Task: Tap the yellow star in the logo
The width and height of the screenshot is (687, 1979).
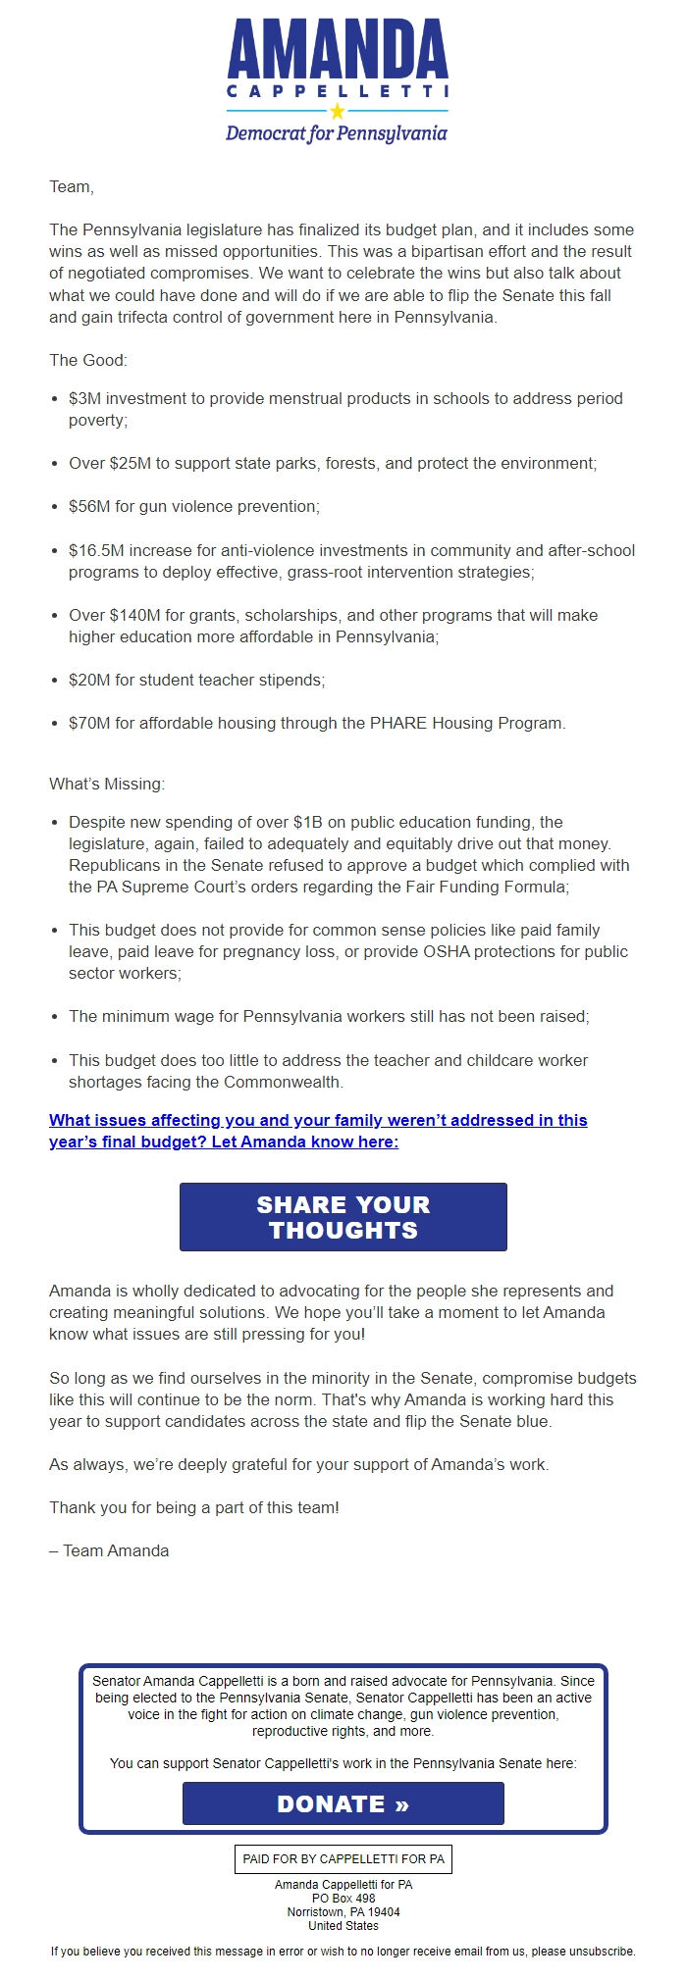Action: pyautogui.click(x=338, y=111)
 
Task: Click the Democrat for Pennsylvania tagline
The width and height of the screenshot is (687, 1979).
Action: pyautogui.click(x=337, y=133)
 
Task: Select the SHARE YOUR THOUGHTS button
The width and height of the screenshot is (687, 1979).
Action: pyautogui.click(x=343, y=1217)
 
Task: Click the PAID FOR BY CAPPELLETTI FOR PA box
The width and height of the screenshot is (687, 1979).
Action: pyautogui.click(x=343, y=1858)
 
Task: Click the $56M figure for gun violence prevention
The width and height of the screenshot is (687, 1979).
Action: pyautogui.click(x=89, y=506)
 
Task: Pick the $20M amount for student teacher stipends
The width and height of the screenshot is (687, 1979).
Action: pyautogui.click(x=89, y=680)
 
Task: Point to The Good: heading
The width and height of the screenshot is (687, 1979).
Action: pyautogui.click(x=88, y=360)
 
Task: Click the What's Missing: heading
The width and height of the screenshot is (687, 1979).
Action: pyautogui.click(x=107, y=784)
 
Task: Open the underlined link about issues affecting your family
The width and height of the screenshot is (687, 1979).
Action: pyautogui.click(x=318, y=1131)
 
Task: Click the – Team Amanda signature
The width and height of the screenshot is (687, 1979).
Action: pyautogui.click(x=109, y=1550)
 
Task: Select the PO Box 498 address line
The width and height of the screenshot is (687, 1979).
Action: pyautogui.click(x=343, y=1898)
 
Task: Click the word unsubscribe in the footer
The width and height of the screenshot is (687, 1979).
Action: pyautogui.click(x=606, y=1951)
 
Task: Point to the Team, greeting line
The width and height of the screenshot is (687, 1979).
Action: pyautogui.click(x=72, y=186)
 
